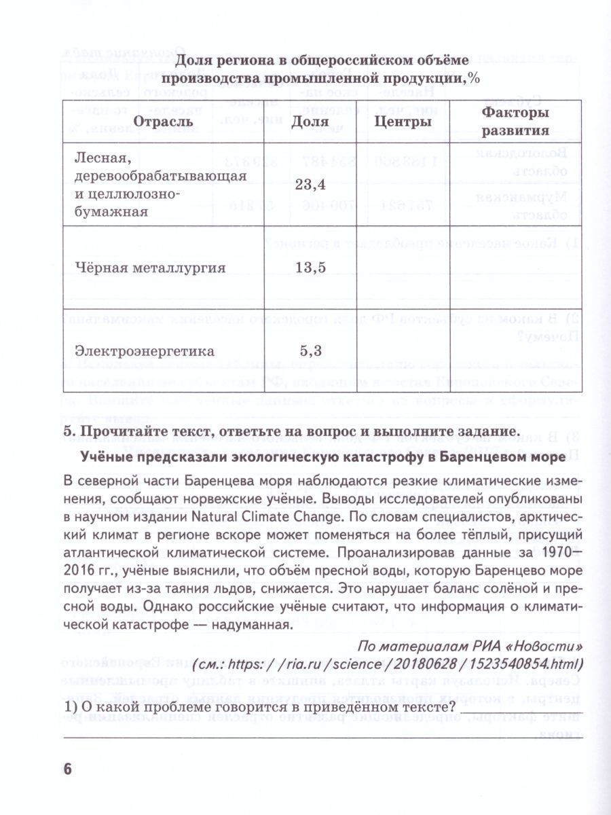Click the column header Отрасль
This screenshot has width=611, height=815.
click(163, 122)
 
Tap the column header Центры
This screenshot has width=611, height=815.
click(404, 122)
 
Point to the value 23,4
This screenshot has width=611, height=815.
click(312, 183)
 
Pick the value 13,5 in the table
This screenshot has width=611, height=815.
click(312, 267)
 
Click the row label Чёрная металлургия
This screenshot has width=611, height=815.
click(150, 267)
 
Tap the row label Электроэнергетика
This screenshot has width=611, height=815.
click(145, 351)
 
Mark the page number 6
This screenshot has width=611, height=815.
click(67, 769)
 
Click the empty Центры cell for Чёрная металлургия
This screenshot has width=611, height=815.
click(404, 267)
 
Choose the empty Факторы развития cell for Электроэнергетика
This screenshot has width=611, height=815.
click(515, 351)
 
